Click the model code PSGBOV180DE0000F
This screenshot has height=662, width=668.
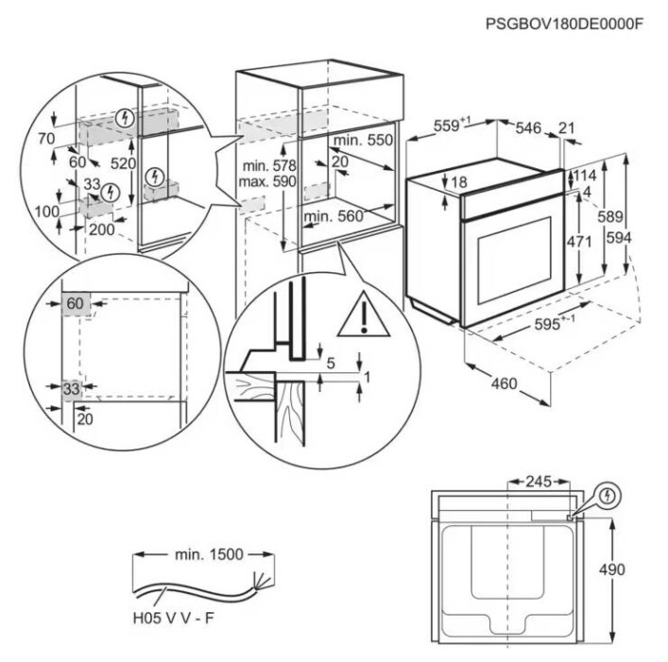(x=564, y=23)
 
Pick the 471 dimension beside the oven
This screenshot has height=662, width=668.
(x=577, y=242)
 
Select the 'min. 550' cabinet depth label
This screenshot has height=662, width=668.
(x=363, y=141)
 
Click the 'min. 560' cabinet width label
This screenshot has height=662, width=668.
(x=334, y=216)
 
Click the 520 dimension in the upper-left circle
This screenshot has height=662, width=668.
(x=122, y=162)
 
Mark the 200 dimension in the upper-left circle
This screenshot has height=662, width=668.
(x=102, y=229)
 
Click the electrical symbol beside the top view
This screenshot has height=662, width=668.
(x=610, y=494)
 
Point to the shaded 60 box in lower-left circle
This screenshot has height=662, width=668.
(x=75, y=303)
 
